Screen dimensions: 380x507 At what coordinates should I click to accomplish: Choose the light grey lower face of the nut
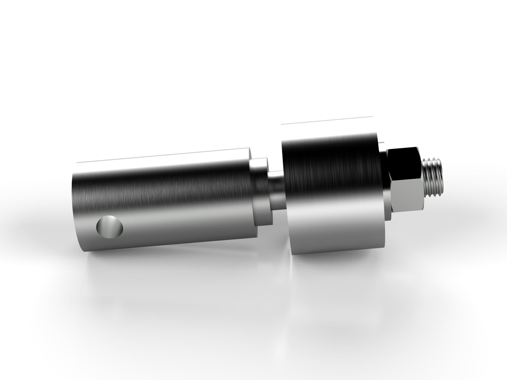pos(406,199)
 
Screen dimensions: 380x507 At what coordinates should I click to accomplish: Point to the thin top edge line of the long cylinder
pos(162,159)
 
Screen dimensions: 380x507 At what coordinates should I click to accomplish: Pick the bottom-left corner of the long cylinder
pos(83,251)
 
